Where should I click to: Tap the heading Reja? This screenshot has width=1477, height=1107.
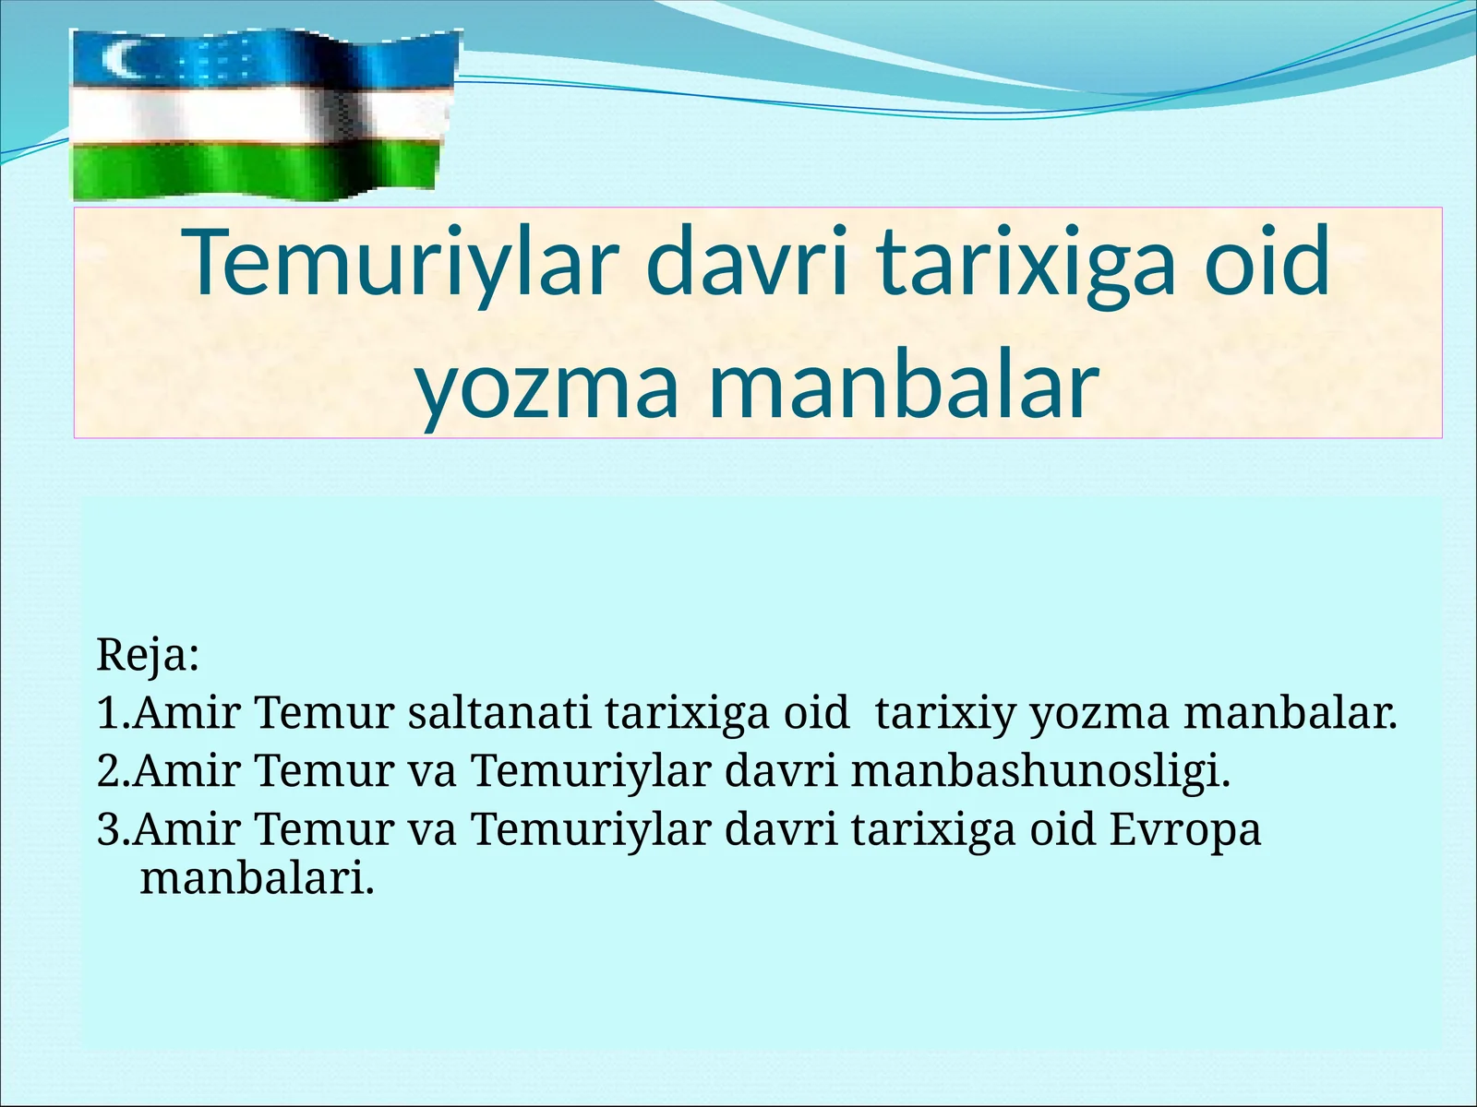(x=148, y=655)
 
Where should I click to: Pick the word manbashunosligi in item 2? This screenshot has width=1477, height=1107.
(x=1040, y=771)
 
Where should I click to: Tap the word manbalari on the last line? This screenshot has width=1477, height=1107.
(x=257, y=878)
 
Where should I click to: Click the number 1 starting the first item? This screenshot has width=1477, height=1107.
(x=107, y=713)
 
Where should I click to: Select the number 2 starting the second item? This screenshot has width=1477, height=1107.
(x=107, y=771)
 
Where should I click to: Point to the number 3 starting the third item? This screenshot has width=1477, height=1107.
(x=107, y=828)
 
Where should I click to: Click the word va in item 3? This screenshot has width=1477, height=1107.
(x=431, y=828)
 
